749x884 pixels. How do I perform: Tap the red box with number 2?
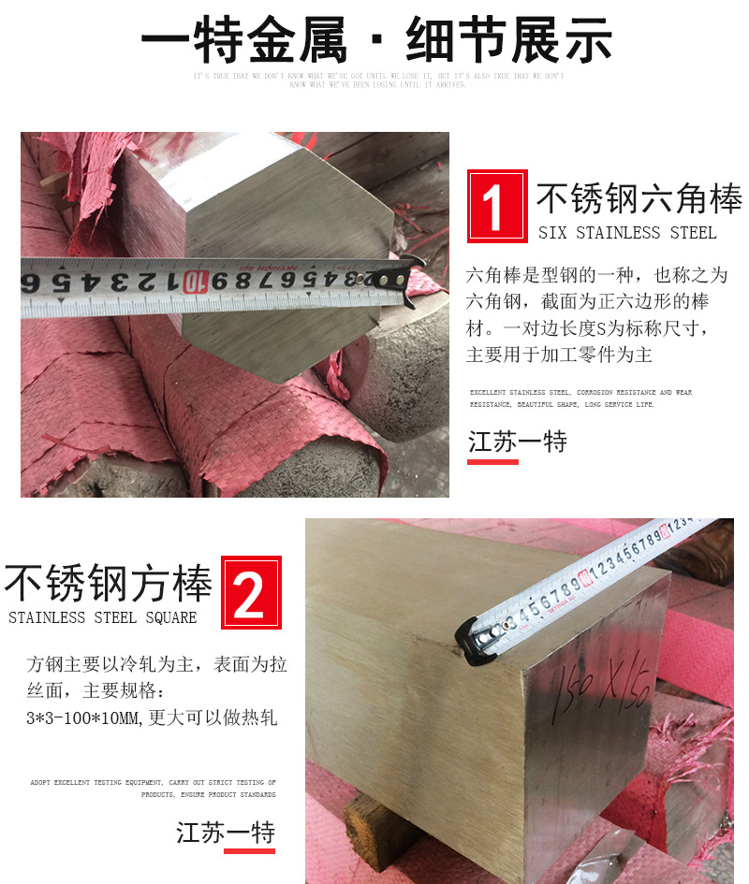250,593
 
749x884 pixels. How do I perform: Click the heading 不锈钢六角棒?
639,199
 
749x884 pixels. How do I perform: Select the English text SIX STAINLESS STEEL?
626,233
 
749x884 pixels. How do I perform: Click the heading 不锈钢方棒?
109,584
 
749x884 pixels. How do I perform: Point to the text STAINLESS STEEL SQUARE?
103,617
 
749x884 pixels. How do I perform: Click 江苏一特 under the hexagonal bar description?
518,441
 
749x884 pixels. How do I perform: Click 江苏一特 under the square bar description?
226,832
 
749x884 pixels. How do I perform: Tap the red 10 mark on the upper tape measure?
193,280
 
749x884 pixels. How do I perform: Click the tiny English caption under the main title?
378,80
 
